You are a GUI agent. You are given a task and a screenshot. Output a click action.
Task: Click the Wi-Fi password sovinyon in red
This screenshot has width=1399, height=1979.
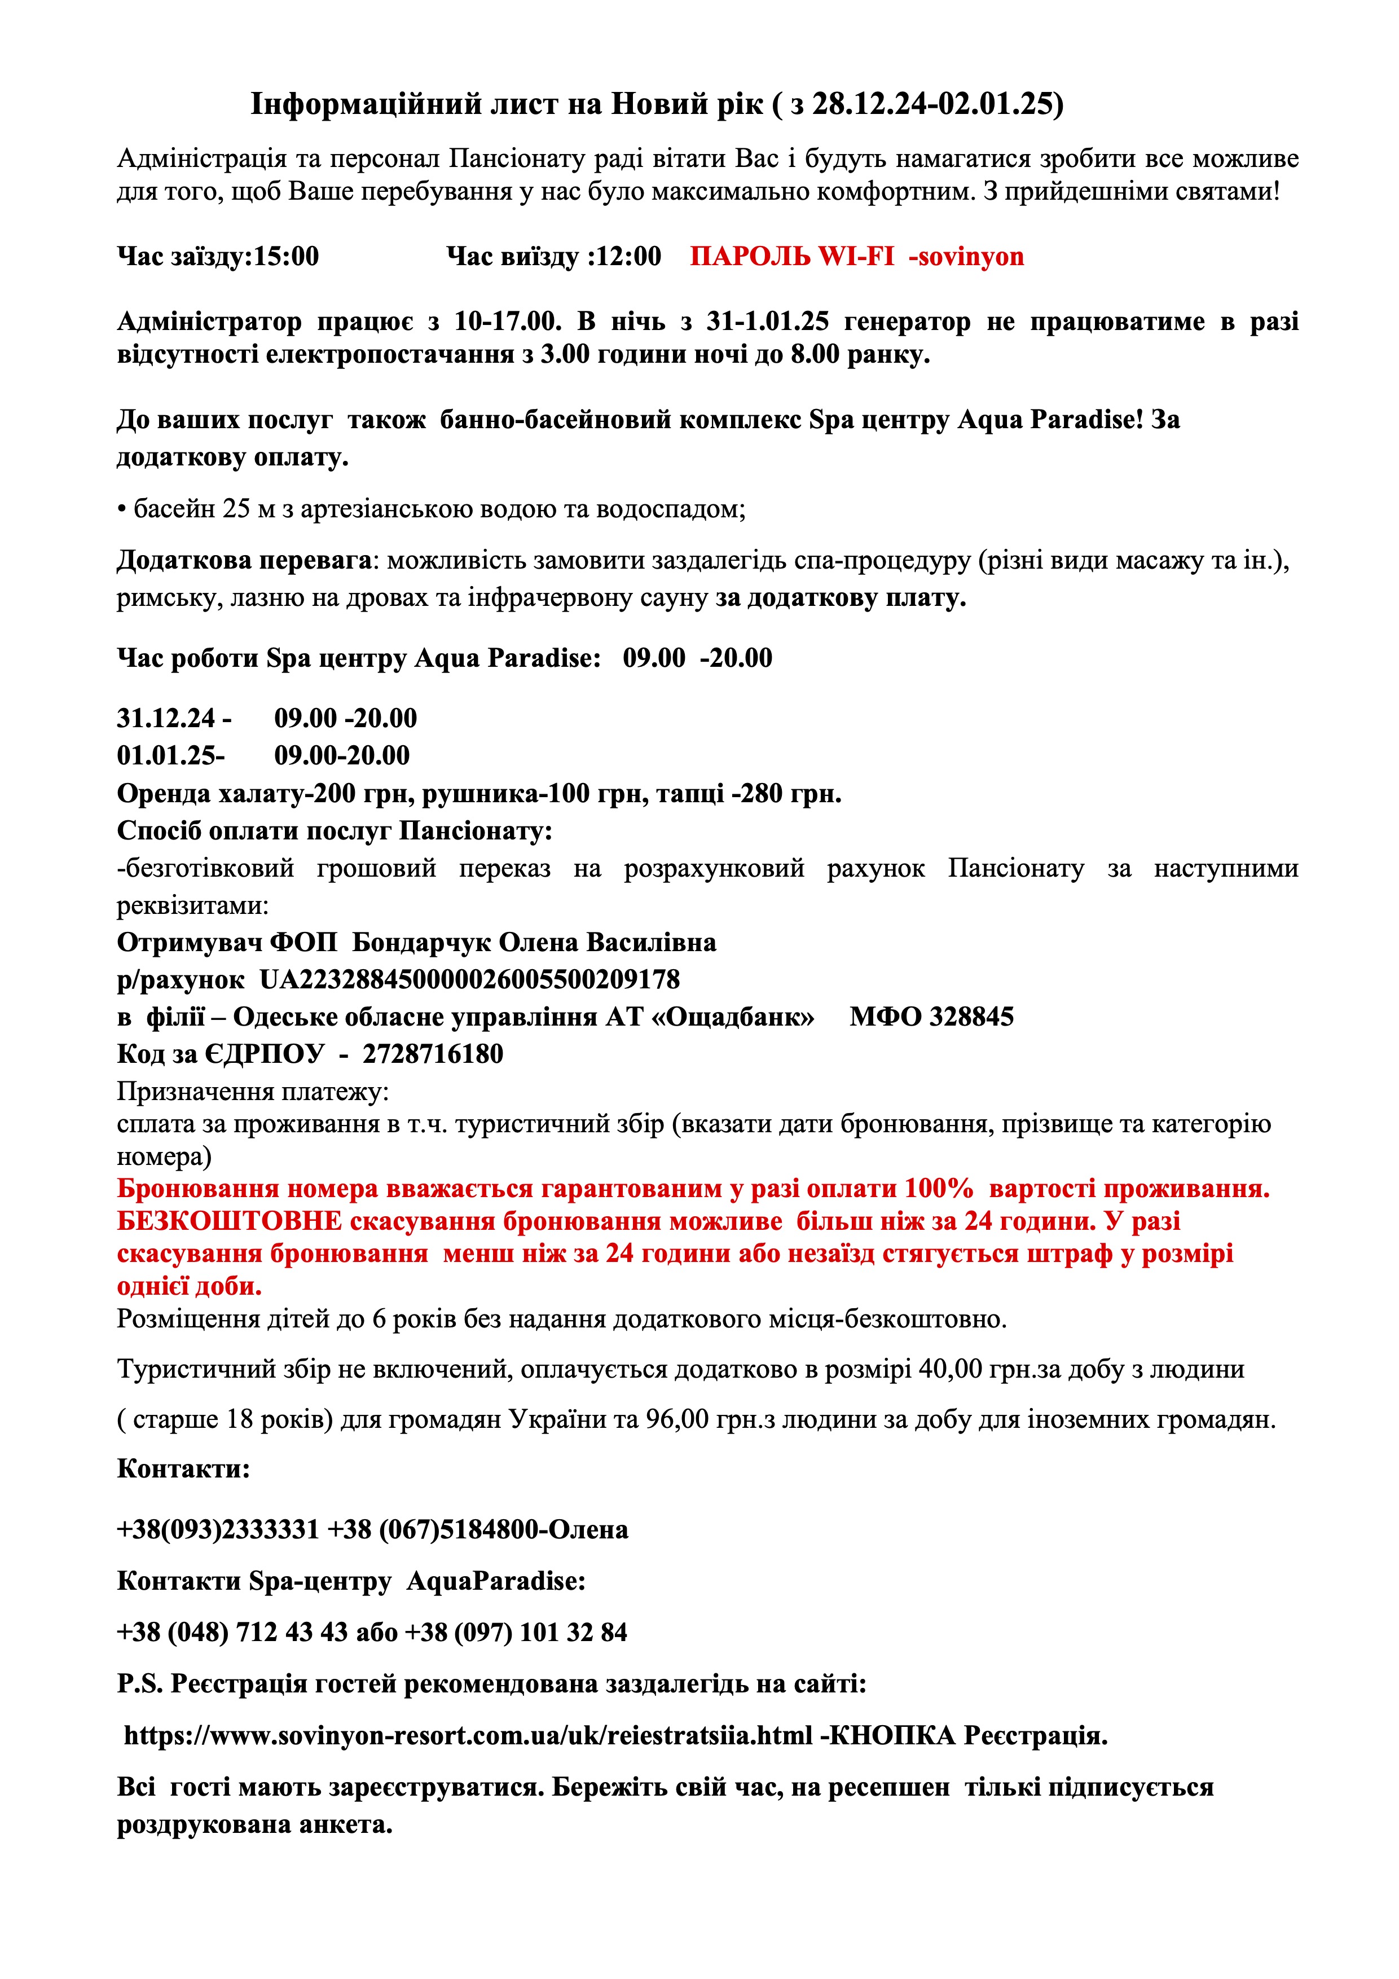point(971,257)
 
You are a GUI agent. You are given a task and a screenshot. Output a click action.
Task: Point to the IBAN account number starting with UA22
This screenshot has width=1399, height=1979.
point(470,980)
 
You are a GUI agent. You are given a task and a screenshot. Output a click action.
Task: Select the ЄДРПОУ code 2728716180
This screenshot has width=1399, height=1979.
point(433,1054)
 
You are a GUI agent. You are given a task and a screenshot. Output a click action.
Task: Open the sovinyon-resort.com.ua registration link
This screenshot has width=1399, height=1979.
point(468,1735)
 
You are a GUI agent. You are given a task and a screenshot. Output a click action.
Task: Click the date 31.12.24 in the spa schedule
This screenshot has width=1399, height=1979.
point(167,718)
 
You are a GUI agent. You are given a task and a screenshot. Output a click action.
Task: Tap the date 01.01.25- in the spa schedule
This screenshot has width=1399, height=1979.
point(171,756)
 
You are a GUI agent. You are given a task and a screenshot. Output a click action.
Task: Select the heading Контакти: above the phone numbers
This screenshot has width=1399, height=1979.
point(183,1468)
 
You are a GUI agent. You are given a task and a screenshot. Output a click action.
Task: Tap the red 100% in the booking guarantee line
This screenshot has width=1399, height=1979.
point(939,1189)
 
